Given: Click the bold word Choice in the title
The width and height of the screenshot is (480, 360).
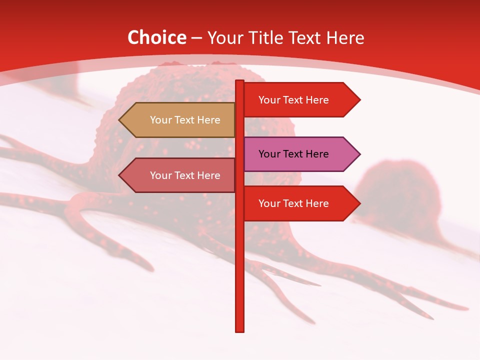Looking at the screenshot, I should (156, 37).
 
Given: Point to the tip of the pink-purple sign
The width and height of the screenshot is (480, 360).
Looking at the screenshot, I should (359, 154).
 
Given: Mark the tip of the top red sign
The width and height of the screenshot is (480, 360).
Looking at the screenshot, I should (359, 100).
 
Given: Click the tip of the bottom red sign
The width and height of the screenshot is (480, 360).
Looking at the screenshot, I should (359, 203).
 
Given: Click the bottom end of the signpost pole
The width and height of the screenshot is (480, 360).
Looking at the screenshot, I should (240, 330).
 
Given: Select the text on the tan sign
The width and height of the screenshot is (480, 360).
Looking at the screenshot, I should (185, 120).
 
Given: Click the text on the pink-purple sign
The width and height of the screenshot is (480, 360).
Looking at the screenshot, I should (293, 154).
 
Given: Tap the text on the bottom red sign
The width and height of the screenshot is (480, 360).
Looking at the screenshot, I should (293, 203).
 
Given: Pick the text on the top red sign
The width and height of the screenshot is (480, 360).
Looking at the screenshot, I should (293, 100).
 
